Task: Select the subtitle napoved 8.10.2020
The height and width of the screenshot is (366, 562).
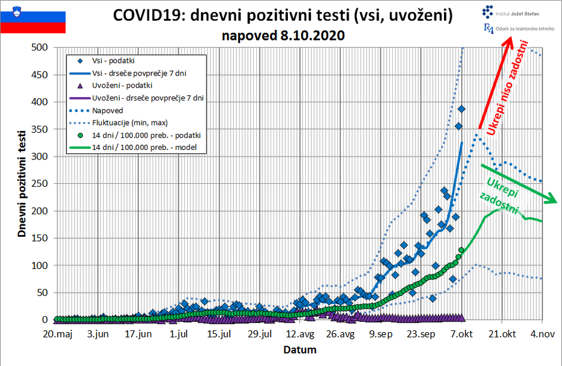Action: tap(283, 35)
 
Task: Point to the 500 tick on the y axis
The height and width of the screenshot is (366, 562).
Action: tap(40, 48)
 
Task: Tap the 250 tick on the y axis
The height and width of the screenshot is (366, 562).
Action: tap(40, 184)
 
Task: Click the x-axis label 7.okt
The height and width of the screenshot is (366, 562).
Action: tap(461, 334)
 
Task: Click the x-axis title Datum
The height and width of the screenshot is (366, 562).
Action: tap(300, 349)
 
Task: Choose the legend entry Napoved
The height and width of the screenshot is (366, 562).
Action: tap(108, 110)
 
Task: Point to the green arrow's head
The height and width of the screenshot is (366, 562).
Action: tap(555, 201)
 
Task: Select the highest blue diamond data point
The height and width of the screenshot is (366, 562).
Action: tap(462, 109)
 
